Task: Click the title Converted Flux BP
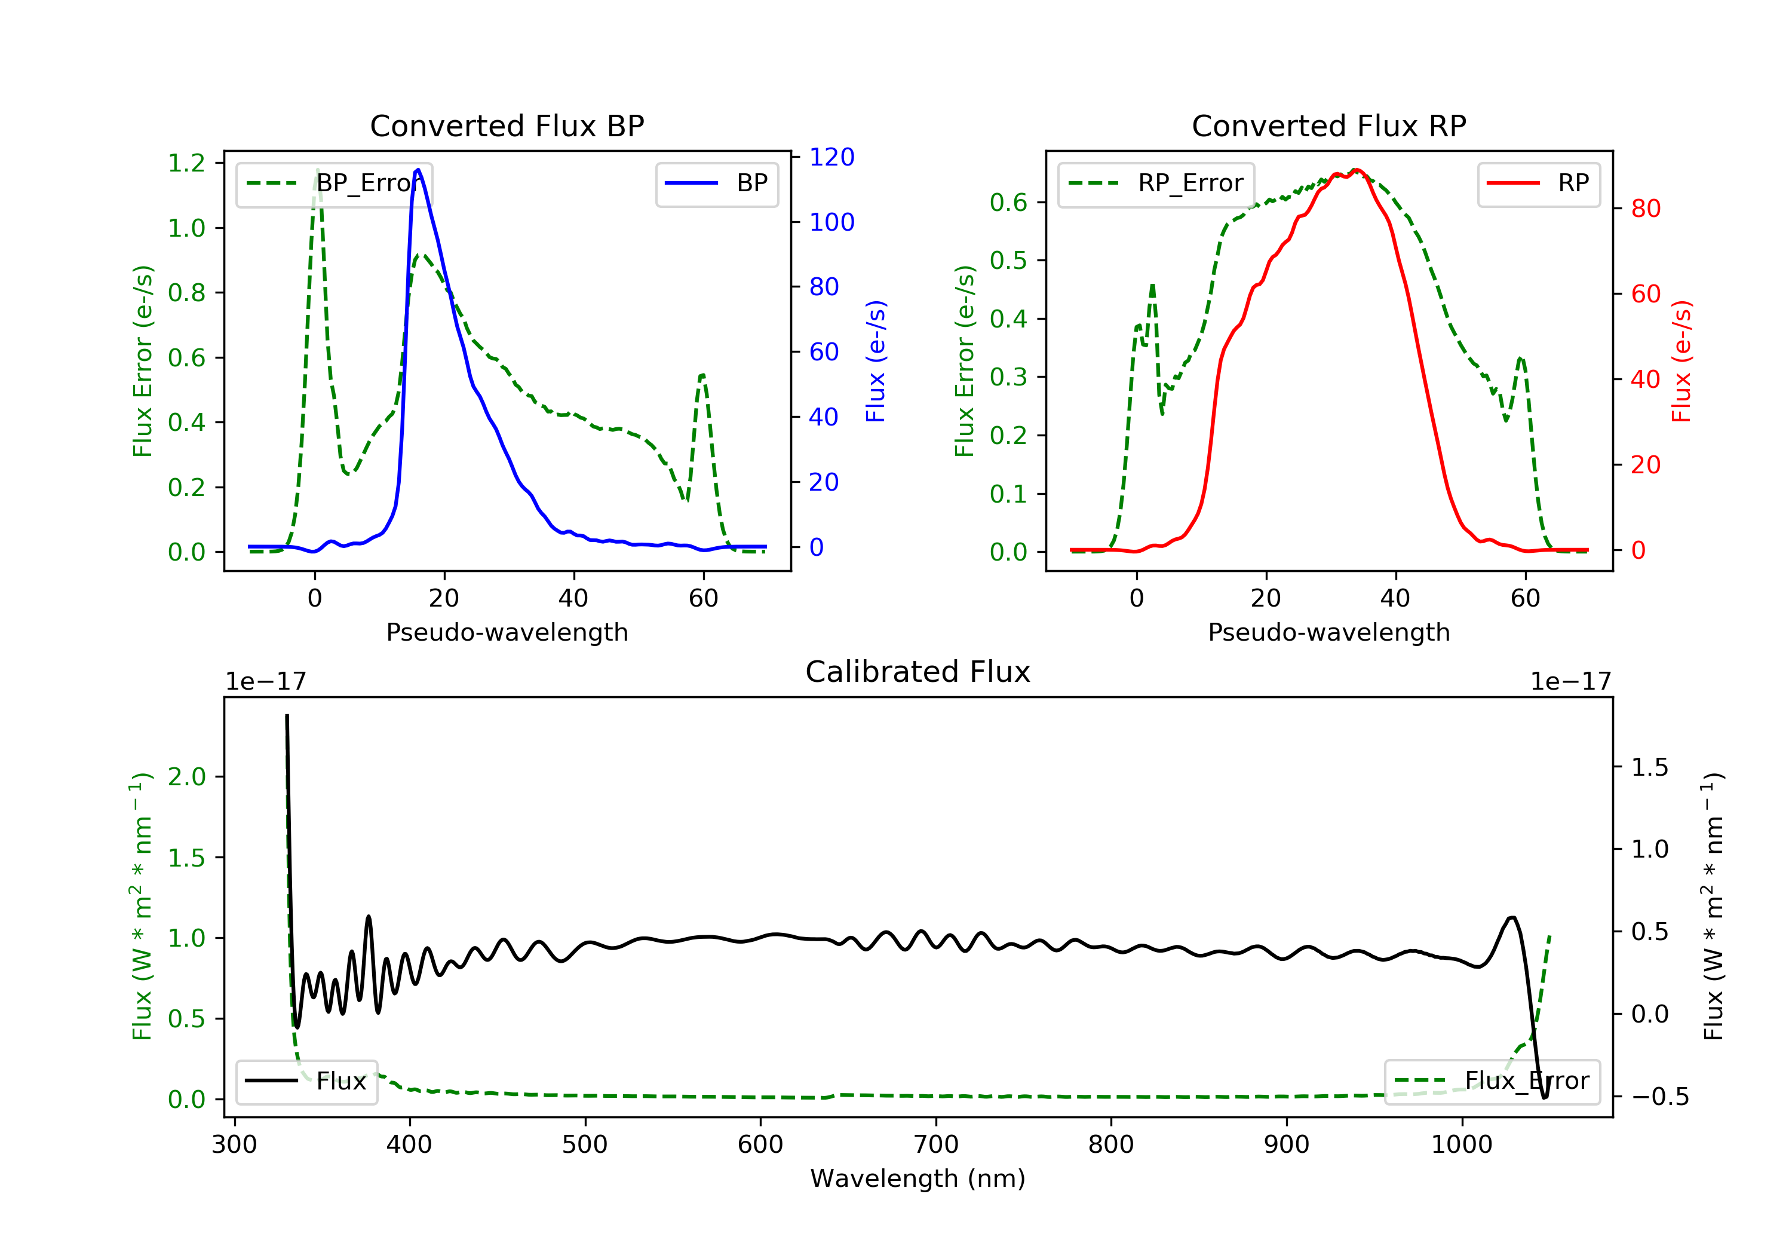507,125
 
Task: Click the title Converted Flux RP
1328,125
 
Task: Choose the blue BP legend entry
716,183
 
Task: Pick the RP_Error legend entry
1156,183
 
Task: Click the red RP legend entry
1538,183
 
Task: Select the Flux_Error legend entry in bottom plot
1492,1081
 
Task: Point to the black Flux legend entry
307,1081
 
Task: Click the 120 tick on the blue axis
831,157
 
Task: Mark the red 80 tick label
1645,209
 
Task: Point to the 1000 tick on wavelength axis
1461,1145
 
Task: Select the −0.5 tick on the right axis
1649,1097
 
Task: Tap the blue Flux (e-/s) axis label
876,361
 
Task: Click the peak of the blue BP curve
418,170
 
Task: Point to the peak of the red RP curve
1357,170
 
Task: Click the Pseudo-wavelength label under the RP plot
1328,632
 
